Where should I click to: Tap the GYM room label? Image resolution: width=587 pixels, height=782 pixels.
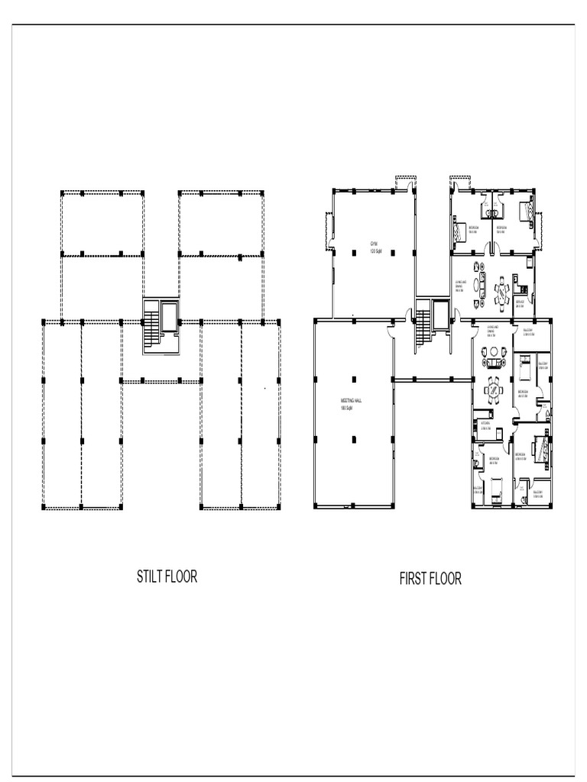point(374,244)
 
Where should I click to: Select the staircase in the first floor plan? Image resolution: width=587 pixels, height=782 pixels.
point(423,328)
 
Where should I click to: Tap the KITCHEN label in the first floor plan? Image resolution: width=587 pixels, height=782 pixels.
point(484,422)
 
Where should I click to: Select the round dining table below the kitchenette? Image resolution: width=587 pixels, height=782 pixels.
point(502,291)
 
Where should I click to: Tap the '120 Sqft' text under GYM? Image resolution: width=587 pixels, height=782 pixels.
point(374,251)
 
